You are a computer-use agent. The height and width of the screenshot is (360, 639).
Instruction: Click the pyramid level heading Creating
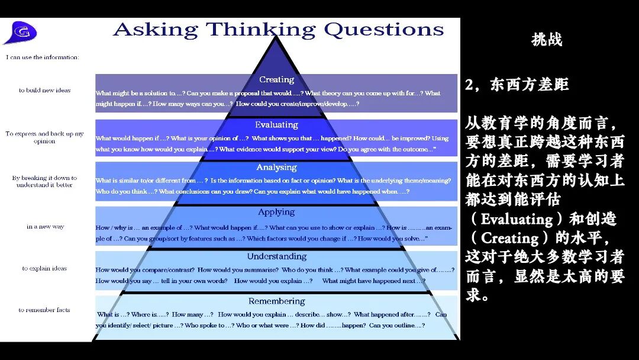coord(276,80)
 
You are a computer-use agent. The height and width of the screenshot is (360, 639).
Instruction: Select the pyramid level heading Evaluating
coord(276,125)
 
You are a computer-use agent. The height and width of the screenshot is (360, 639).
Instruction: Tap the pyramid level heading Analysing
coord(276,168)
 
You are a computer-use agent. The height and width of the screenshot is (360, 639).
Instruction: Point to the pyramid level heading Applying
coord(276,212)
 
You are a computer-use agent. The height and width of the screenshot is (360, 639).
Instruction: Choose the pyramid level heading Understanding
coord(276,256)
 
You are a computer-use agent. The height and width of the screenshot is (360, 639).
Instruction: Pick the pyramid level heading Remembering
coord(276,301)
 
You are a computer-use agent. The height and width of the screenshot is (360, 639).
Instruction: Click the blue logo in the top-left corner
coord(20,33)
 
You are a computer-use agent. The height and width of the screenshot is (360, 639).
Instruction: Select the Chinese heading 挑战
coord(547,40)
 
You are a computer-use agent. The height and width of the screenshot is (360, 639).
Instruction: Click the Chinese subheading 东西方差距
coord(529,85)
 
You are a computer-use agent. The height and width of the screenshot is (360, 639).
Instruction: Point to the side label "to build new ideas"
coord(44,91)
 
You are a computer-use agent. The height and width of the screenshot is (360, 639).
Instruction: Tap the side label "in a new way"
coord(45,227)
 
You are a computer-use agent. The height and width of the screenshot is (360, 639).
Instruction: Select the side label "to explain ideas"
coord(44,268)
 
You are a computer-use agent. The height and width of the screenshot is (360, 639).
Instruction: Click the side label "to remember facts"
coord(44,310)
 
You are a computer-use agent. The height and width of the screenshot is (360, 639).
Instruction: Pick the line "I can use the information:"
coord(43,57)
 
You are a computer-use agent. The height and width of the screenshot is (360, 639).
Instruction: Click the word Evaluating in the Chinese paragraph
coord(517,219)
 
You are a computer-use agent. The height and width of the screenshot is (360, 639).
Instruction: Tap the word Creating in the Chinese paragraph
coord(510,238)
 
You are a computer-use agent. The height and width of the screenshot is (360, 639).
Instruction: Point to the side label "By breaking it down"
coord(44,178)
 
